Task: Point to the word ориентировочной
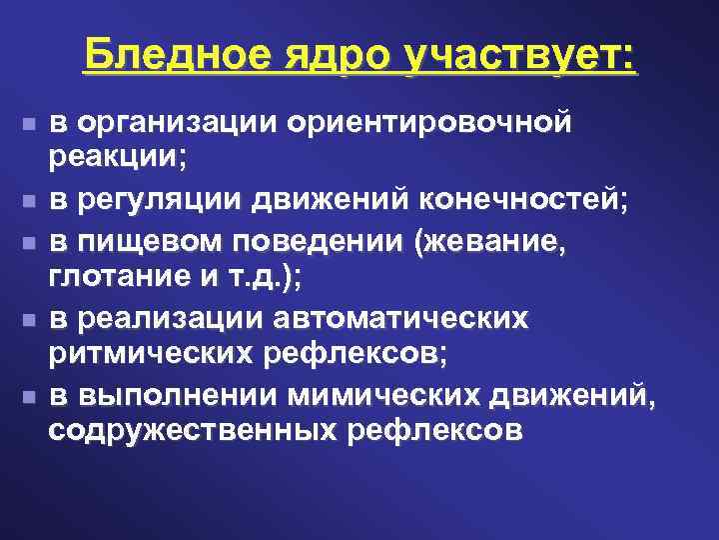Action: [x=429, y=123]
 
